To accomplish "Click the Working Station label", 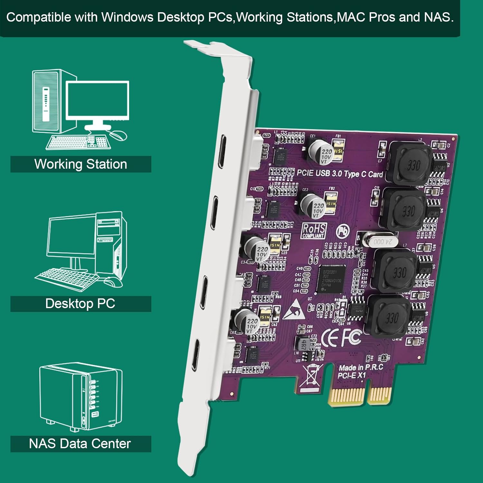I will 80,164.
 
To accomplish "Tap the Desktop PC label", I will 80,304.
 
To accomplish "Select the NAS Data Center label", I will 80,444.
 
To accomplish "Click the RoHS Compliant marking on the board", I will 314,231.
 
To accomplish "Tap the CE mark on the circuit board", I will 329,339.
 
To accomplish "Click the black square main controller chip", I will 332,279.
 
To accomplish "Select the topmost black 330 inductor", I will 411,164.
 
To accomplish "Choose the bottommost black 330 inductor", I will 390,317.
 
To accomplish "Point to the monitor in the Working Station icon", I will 98,100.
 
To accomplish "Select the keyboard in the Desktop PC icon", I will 66,278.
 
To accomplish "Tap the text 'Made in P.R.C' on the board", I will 361,367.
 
